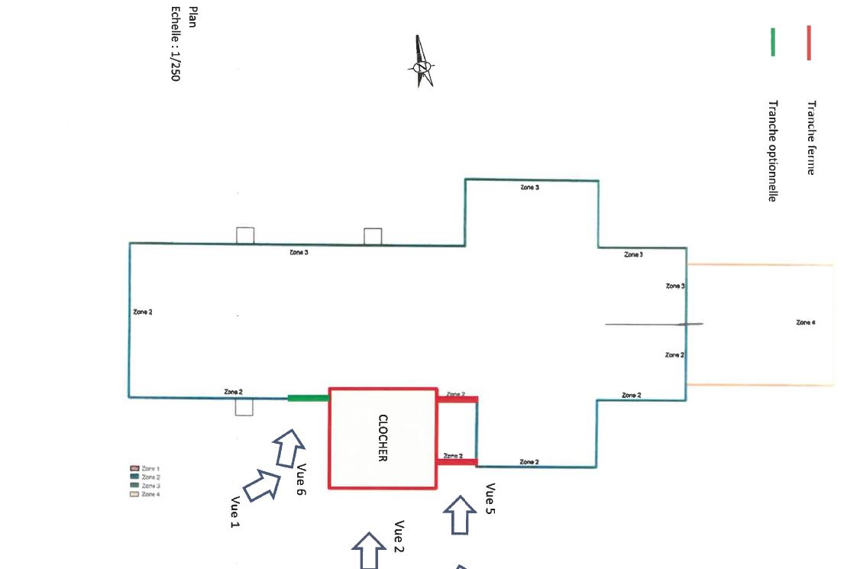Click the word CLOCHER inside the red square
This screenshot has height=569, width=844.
383,438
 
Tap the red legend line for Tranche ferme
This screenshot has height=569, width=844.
809,43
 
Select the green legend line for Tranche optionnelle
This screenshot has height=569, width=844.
773,43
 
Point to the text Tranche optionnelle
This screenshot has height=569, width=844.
772,150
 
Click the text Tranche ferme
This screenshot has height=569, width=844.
811,137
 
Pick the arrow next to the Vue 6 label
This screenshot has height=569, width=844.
289,447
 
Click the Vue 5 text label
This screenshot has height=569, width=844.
490,499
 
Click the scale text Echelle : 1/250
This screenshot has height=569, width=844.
175,44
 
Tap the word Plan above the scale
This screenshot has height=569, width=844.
192,17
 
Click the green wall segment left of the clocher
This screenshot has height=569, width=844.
308,398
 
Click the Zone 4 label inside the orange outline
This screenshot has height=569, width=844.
805,322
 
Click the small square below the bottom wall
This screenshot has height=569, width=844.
244,407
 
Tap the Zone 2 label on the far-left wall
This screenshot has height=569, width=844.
142,312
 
